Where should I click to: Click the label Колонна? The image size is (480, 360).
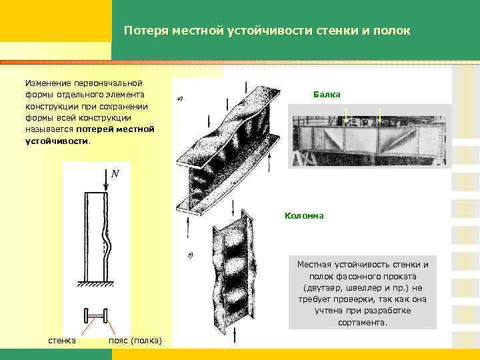tap(304, 215)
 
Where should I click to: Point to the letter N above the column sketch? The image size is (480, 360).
tap(115, 173)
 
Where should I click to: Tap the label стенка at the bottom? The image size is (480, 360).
tap(62, 341)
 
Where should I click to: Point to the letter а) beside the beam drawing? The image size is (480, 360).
tap(179, 99)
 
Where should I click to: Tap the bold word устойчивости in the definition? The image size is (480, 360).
tap(56, 141)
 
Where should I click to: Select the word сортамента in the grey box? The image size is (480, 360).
tap(363, 322)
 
